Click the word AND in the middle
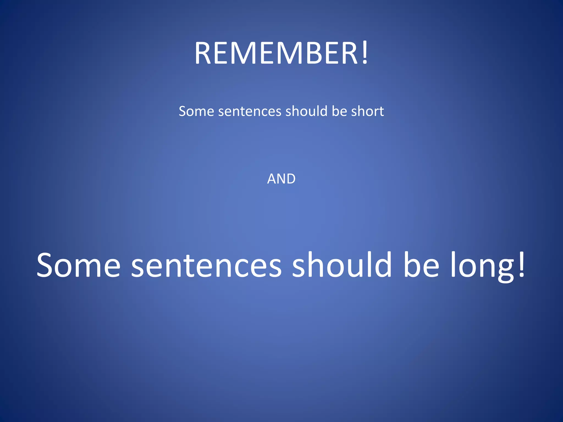click(281, 179)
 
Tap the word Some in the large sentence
click(79, 265)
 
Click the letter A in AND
click(272, 179)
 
